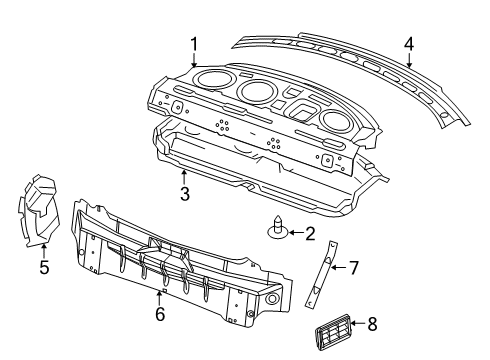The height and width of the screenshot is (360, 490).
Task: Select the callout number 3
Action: point(184,194)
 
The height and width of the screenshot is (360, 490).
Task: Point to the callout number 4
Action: point(408,43)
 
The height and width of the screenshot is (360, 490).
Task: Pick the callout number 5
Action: point(43,267)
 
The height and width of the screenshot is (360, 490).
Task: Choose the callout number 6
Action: point(159,313)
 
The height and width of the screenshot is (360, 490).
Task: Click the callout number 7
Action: point(352,266)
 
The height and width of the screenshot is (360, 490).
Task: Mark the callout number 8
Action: point(372,323)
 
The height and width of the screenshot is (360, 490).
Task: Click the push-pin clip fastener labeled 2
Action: point(276,228)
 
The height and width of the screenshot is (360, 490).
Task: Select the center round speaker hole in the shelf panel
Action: point(259,94)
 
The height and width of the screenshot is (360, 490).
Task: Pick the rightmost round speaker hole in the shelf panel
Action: point(336,120)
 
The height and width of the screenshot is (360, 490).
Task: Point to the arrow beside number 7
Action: point(337,267)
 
